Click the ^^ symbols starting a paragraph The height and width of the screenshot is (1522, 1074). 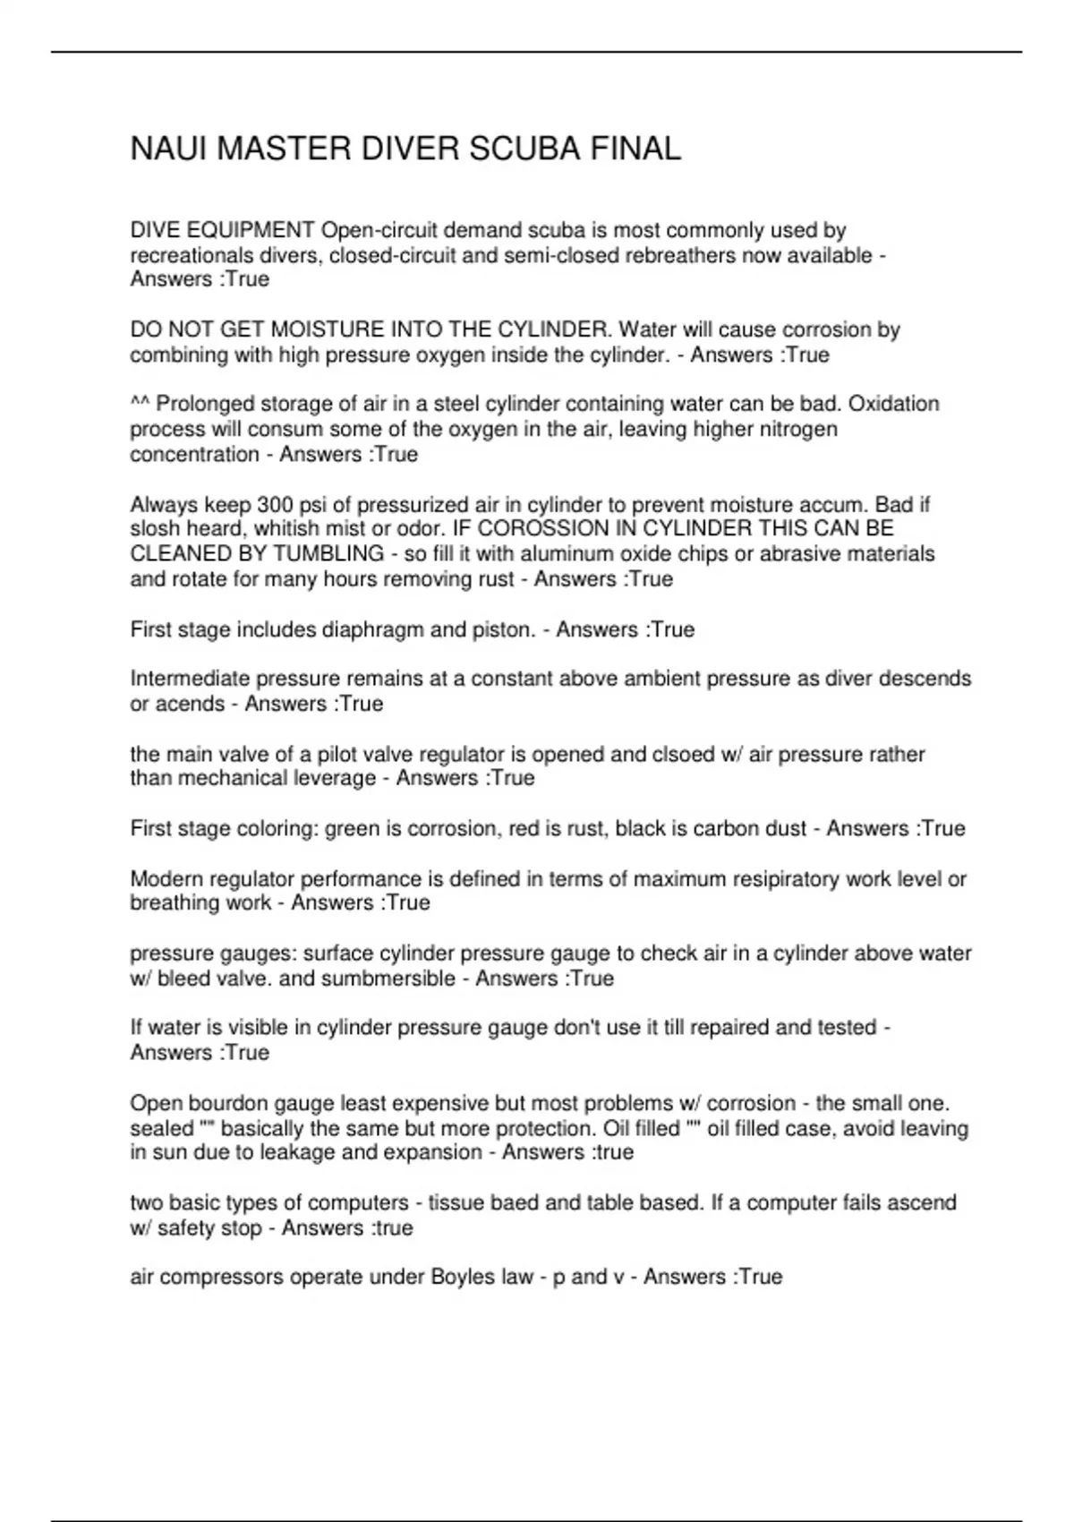(140, 404)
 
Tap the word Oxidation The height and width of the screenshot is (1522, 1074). (893, 404)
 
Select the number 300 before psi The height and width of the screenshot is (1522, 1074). (275, 505)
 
